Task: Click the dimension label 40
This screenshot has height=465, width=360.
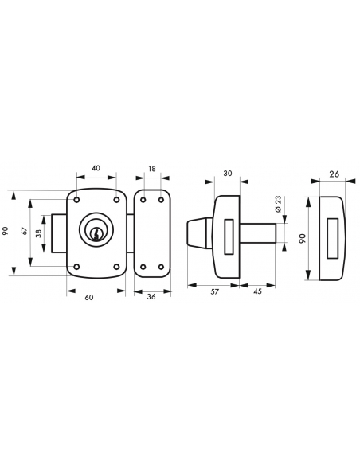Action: (x=96, y=168)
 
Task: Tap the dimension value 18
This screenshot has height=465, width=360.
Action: (x=151, y=169)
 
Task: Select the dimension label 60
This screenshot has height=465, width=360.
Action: (x=89, y=298)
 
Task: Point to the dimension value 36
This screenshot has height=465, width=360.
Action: (x=151, y=296)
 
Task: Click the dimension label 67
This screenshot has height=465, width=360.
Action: (x=25, y=230)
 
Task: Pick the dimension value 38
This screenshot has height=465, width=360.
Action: (x=38, y=233)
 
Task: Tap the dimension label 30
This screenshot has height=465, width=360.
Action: (x=228, y=173)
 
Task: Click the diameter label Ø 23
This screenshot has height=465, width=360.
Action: (x=278, y=205)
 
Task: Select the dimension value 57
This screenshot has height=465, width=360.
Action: (x=214, y=291)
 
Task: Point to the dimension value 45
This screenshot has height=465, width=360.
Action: (x=258, y=291)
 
